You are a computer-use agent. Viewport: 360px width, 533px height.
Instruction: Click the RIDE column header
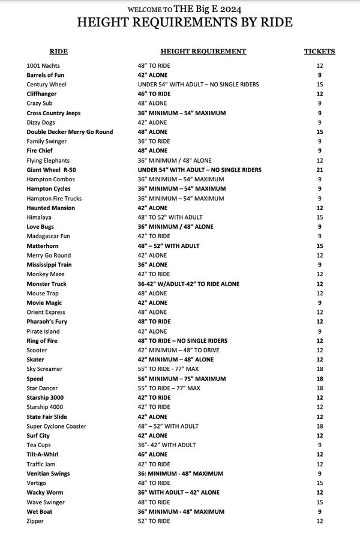coord(58,52)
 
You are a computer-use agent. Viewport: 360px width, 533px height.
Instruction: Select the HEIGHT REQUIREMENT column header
coord(203,52)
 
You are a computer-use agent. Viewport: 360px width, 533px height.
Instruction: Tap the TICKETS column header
coord(320,52)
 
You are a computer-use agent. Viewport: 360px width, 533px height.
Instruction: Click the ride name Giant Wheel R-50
coord(50,170)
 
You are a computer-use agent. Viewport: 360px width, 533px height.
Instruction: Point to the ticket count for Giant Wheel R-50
coord(320,170)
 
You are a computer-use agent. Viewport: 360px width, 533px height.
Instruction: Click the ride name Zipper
coord(35,521)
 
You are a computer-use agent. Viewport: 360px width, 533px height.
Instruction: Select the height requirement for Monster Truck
coord(188,284)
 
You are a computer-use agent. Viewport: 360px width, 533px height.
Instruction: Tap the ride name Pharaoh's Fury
coord(46,322)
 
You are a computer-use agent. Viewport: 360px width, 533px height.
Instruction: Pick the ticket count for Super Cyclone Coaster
coord(320,426)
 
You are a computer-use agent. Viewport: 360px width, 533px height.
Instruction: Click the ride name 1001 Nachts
coord(43,65)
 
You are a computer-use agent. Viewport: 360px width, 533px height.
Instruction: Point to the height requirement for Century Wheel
coord(198,85)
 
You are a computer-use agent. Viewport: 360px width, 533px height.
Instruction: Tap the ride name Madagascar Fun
coord(49,236)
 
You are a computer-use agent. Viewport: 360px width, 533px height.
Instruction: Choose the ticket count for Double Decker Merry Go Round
coord(320,132)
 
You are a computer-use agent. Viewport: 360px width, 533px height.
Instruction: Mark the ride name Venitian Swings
coord(48,474)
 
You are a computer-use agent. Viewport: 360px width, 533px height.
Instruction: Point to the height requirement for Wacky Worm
coord(178,493)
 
